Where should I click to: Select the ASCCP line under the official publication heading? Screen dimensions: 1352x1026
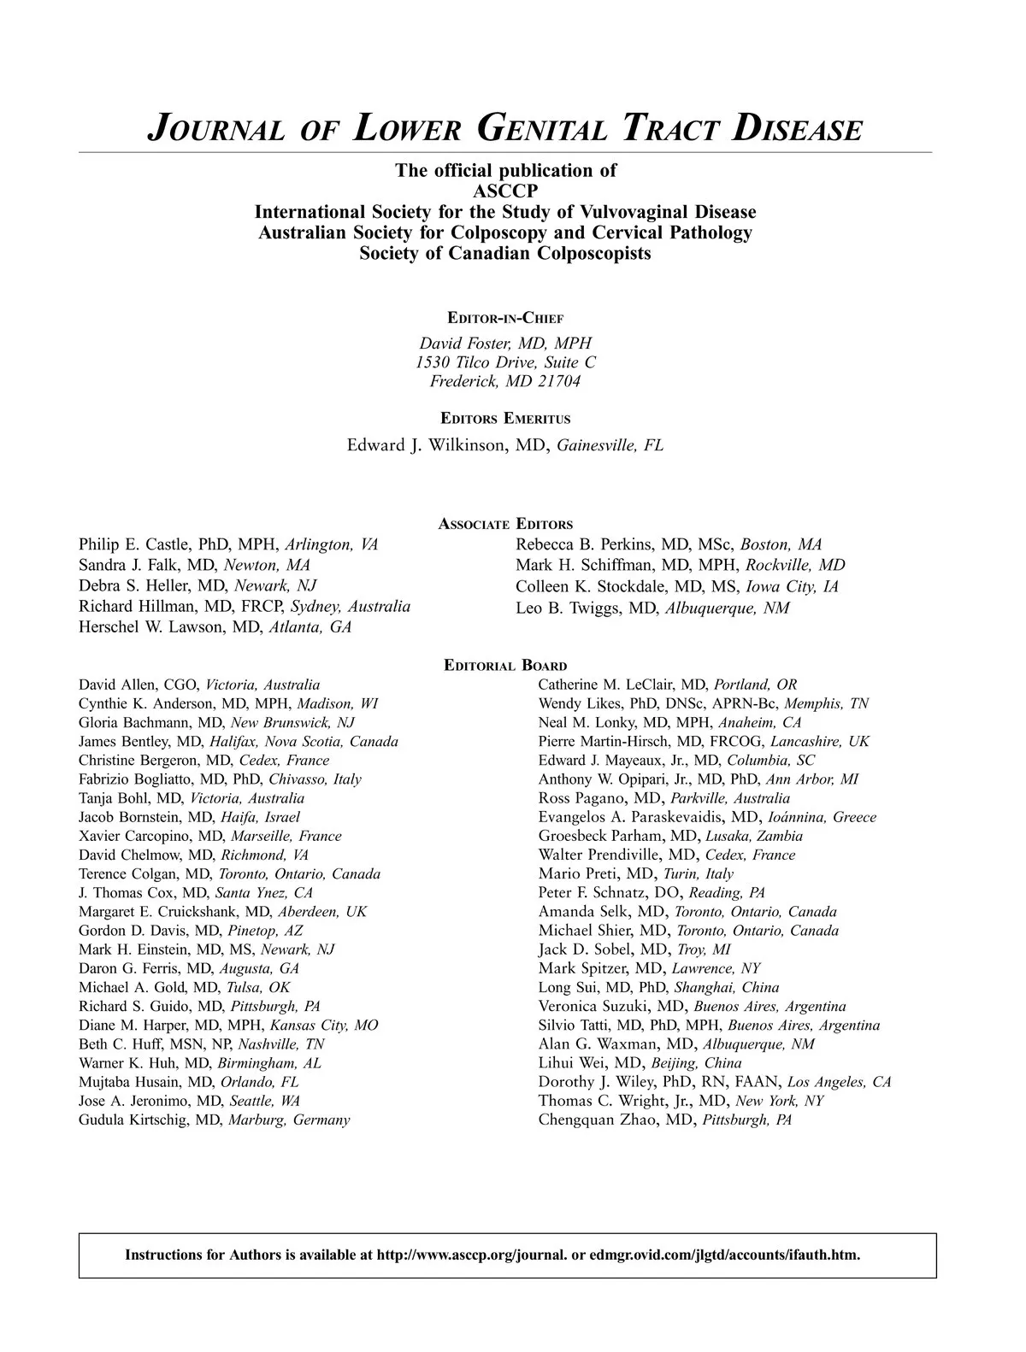504,191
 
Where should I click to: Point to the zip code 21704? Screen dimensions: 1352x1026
559,381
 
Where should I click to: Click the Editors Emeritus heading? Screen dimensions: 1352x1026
504,419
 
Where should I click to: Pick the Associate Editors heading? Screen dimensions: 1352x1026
504,524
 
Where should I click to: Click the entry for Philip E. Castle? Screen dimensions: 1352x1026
227,544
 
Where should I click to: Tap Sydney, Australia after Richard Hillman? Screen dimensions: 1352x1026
351,607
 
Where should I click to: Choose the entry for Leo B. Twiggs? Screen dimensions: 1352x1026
652,608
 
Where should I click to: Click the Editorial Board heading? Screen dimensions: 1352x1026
505,665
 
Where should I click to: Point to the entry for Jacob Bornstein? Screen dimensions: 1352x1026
189,817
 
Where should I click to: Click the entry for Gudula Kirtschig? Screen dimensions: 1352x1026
214,1120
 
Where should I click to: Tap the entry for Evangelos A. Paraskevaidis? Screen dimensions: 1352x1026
707,817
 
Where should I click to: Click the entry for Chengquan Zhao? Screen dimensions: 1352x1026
664,1120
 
